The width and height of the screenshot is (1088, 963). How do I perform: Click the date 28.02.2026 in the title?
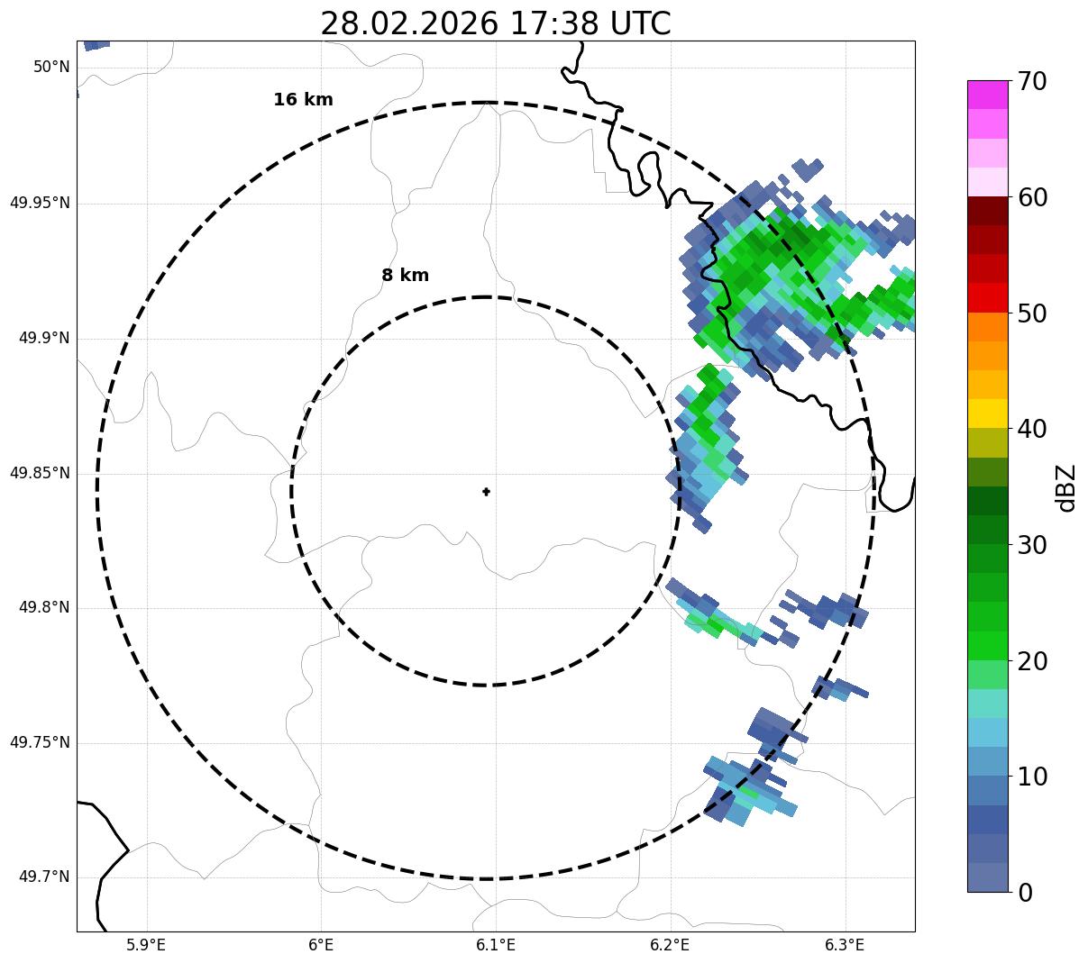[408, 23]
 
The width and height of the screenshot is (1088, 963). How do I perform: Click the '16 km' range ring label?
[303, 100]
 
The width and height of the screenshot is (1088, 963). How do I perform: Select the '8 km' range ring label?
[405, 276]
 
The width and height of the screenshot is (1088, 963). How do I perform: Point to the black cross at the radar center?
[486, 492]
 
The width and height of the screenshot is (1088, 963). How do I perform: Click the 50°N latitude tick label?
[51, 67]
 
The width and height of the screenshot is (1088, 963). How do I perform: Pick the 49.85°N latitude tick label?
[40, 473]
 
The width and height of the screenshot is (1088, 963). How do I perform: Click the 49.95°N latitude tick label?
[40, 203]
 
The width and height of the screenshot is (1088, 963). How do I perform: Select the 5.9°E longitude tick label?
[146, 945]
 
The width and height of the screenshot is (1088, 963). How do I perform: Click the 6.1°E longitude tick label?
[496, 945]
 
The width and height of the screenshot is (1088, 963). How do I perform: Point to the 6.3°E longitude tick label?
[845, 945]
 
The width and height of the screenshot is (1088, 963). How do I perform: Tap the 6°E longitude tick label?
[321, 945]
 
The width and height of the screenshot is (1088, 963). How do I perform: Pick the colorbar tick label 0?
[1026, 893]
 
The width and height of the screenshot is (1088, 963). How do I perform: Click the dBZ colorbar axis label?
[1066, 488]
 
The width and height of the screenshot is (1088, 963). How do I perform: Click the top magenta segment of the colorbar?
[987, 95]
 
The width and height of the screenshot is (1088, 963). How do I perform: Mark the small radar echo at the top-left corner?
[96, 44]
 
